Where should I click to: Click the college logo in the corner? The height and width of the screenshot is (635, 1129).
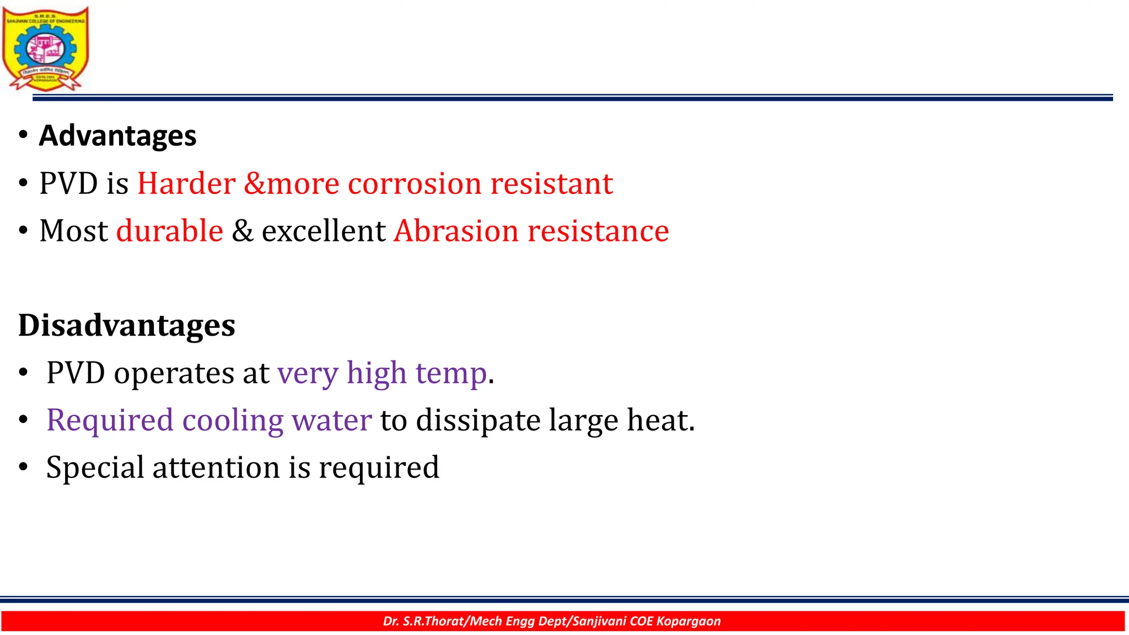45,49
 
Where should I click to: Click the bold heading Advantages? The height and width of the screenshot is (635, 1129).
117,136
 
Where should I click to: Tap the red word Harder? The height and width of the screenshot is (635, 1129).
186,183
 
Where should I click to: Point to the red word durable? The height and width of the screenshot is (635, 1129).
170,230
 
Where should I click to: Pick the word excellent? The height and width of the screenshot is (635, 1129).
323,230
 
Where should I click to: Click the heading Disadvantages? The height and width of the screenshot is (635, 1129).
127,325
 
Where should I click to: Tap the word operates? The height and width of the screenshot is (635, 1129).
174,373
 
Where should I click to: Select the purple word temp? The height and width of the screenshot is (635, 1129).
451,373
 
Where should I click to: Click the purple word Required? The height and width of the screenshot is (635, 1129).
110,420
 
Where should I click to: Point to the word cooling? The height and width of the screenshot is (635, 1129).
233,420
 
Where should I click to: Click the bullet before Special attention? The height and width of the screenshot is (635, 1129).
23,467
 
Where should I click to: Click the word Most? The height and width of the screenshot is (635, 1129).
73,230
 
